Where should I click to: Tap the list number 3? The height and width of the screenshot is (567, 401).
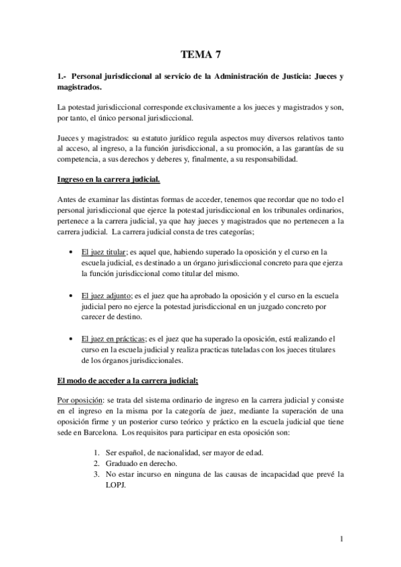[x=98, y=474]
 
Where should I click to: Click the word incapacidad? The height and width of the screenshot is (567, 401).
[x=280, y=474]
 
